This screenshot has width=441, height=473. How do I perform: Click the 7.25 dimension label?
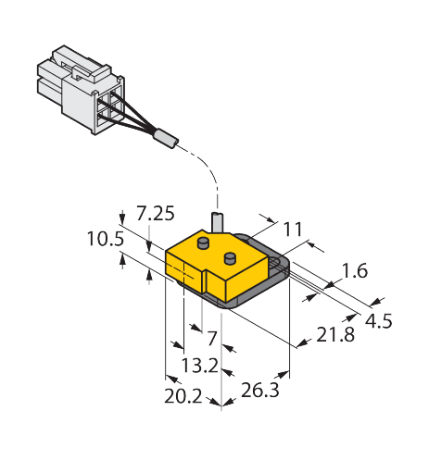point(156,214)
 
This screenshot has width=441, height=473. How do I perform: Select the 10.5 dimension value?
point(106,239)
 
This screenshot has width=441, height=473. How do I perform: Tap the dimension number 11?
point(293,230)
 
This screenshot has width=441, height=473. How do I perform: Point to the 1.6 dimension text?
point(355,270)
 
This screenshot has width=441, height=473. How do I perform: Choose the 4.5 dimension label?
point(379,321)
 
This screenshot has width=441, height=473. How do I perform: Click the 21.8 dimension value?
point(335,335)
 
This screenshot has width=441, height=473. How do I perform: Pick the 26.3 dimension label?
point(260,390)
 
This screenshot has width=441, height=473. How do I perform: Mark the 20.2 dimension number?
point(183,396)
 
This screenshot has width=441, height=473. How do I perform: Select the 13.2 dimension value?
point(200,366)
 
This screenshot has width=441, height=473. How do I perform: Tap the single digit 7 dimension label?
point(212,338)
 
